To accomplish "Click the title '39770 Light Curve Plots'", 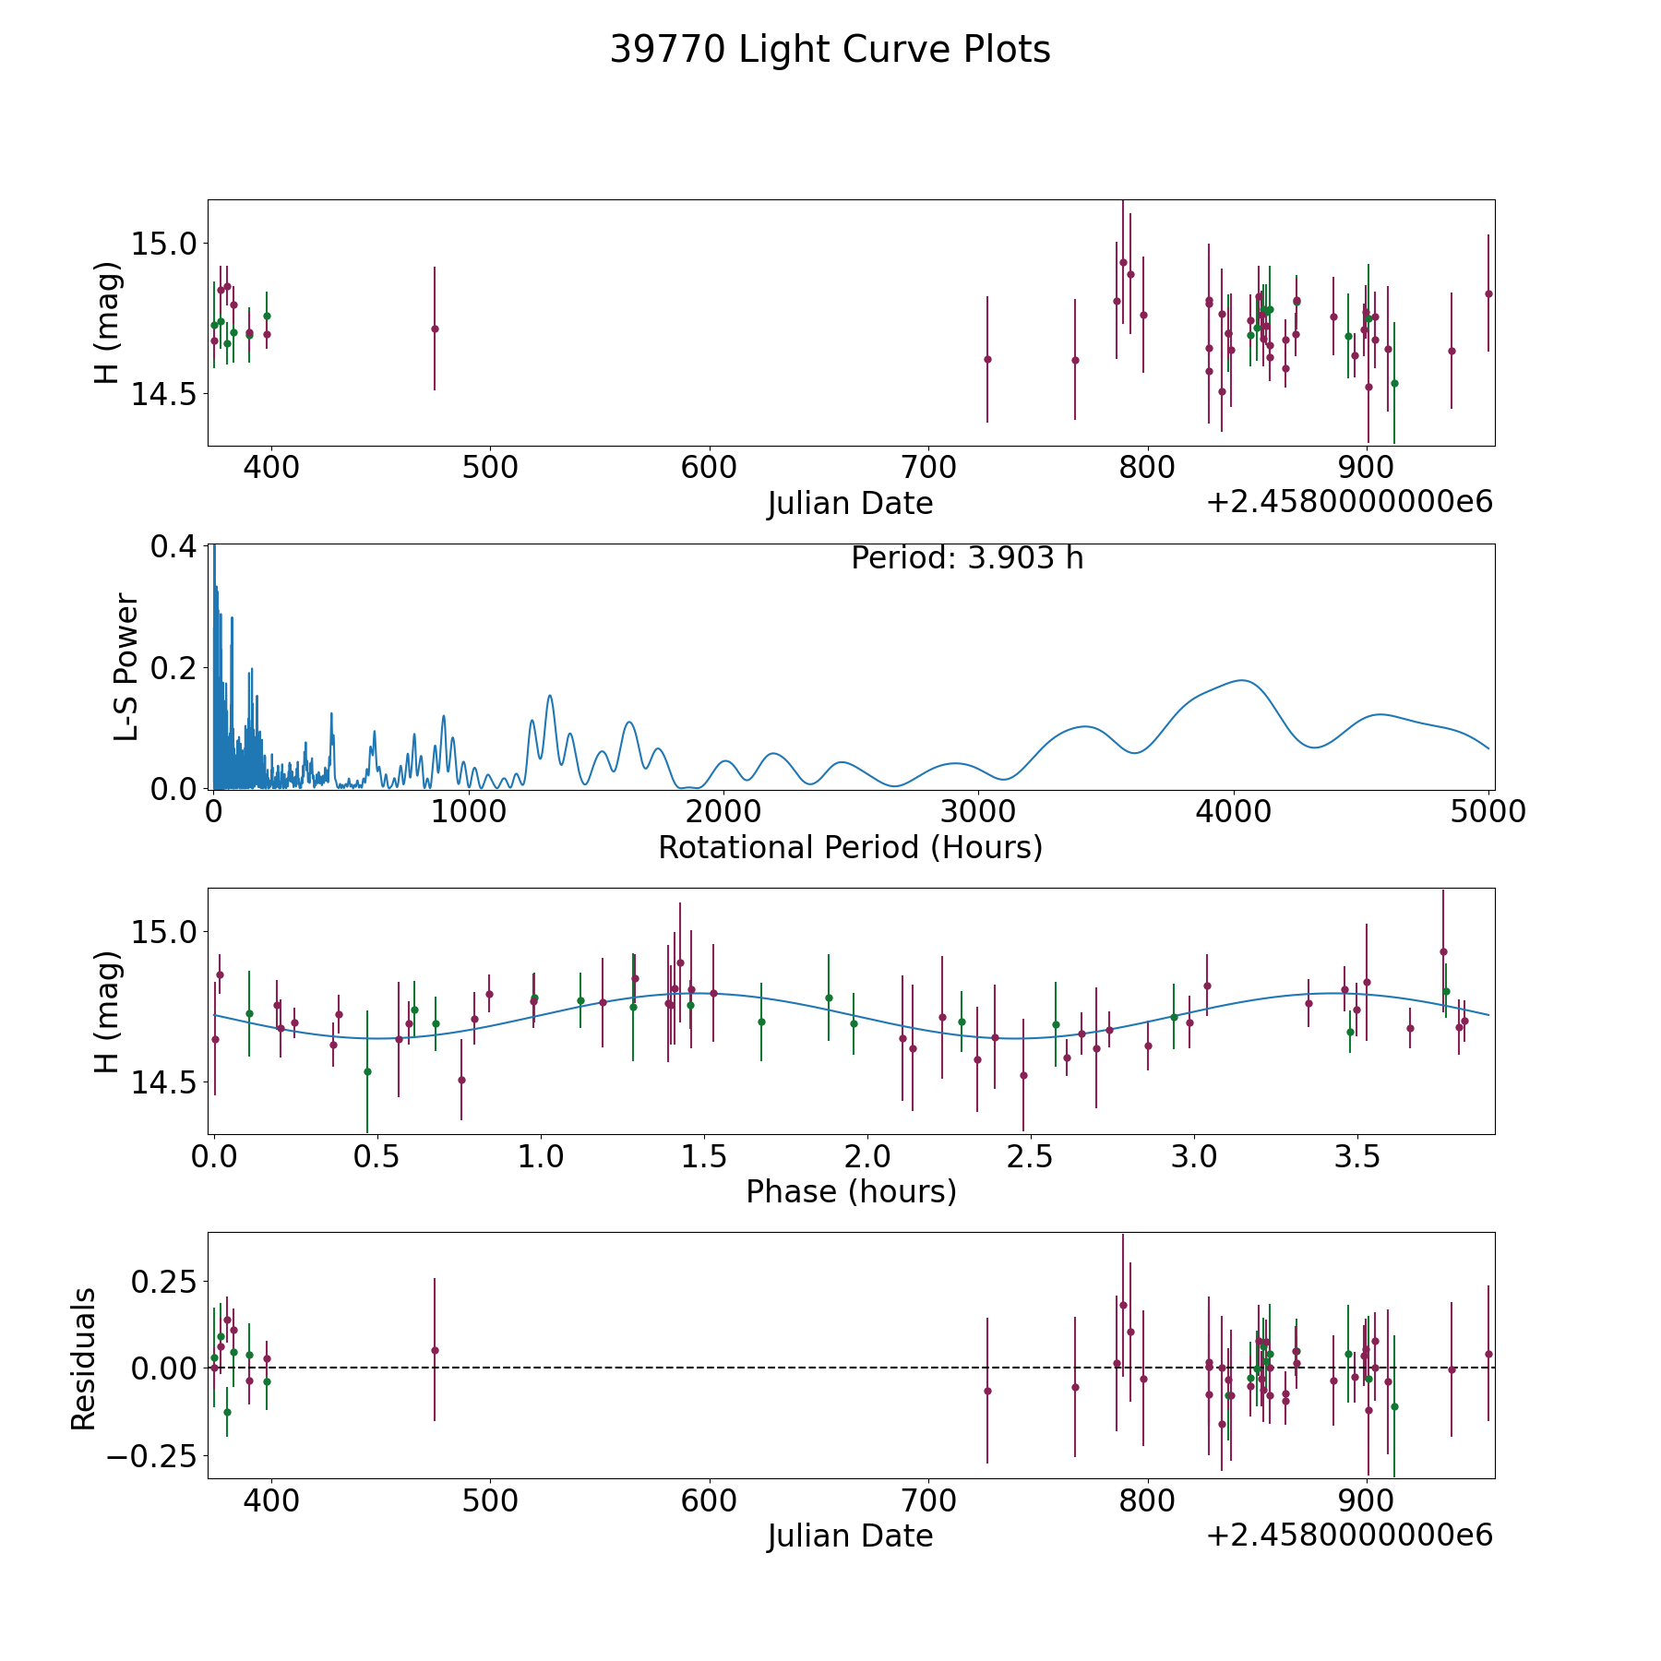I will click(x=830, y=50).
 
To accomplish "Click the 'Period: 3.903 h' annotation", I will click(x=966, y=558).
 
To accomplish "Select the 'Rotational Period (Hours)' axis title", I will click(x=850, y=847).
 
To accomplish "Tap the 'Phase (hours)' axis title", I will click(x=850, y=1192).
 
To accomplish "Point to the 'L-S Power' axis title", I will click(x=126, y=666).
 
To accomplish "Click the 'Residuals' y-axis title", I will click(x=84, y=1359).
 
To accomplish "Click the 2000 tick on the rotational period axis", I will click(x=723, y=812).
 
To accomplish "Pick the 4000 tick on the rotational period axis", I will click(x=1234, y=812).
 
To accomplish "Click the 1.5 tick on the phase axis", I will click(x=704, y=1156).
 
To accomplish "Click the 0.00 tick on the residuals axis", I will click(x=163, y=1368).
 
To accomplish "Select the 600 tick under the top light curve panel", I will click(x=709, y=467).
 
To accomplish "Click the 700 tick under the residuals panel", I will click(x=927, y=1500).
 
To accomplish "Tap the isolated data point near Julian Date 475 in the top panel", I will click(x=435, y=329).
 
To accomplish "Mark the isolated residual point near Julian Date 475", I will click(x=435, y=1350).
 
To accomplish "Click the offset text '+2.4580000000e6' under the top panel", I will click(x=1349, y=503).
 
